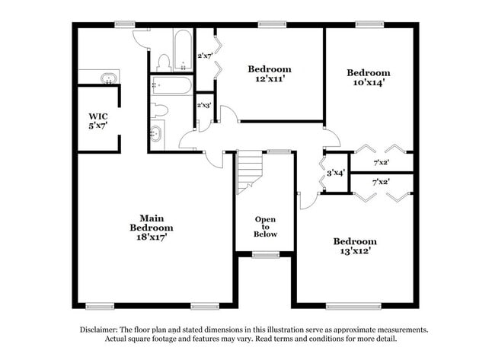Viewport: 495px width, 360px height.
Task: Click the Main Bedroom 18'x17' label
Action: (152, 228)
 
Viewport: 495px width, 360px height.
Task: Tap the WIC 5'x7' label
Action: (98, 121)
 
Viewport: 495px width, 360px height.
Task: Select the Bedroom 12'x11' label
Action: (270, 74)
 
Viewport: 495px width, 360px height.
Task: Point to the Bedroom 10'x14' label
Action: (369, 78)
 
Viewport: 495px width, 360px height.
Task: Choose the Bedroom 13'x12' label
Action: (355, 246)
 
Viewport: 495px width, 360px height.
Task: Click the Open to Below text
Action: (265, 227)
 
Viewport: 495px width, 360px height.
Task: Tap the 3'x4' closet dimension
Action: (336, 173)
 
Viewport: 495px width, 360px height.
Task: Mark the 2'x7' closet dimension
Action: (205, 56)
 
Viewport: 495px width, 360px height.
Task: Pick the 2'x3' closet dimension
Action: (204, 105)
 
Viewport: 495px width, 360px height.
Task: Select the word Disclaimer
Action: (98, 330)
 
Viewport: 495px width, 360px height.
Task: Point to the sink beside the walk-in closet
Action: (109, 78)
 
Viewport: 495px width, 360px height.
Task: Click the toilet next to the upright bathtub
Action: (164, 62)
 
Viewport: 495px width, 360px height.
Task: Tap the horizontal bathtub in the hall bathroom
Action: (171, 85)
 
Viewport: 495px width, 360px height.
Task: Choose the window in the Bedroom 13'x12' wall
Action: (353, 306)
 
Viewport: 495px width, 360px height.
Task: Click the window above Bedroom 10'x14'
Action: (369, 24)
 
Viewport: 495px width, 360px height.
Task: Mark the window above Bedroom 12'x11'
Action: (272, 24)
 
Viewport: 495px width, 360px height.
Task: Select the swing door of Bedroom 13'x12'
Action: (308, 201)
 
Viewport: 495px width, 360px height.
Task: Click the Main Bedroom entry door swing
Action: (214, 160)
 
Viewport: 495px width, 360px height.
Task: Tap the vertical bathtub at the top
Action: (183, 49)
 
